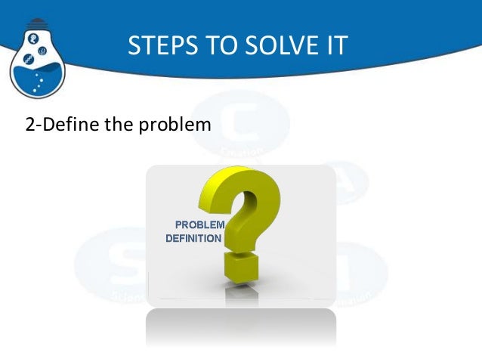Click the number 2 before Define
click(x=30, y=125)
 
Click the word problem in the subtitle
click(x=174, y=125)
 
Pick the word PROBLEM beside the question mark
click(x=199, y=224)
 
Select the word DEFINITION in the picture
click(x=193, y=238)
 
